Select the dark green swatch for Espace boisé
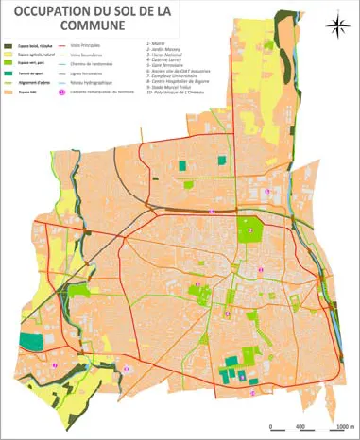coord(9,44)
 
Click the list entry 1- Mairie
coord(154,43)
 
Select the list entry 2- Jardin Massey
coord(162,49)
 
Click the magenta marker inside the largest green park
coord(250,229)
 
